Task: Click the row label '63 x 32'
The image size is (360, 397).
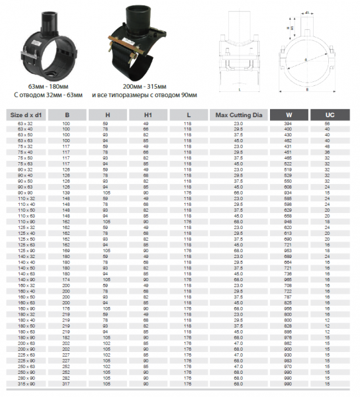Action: (25, 124)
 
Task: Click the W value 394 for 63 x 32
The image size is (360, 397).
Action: (289, 124)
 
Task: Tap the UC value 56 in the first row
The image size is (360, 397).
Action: (327, 124)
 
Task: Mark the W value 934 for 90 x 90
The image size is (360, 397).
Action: (289, 192)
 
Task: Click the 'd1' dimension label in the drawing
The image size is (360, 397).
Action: (309, 11)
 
